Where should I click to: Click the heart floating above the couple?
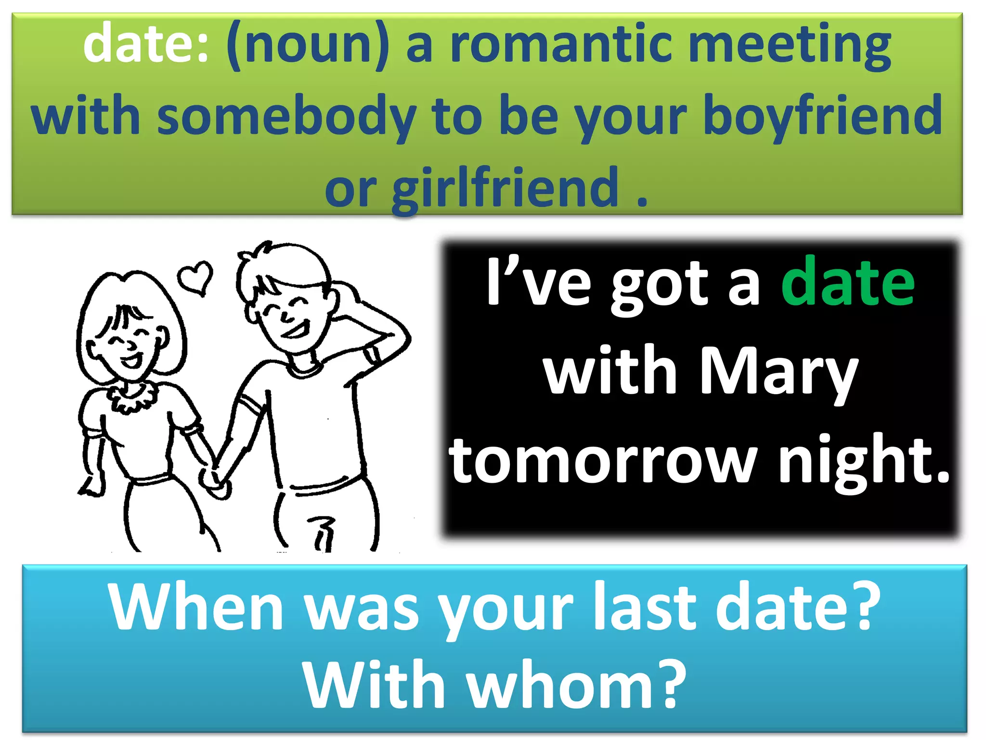195,277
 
